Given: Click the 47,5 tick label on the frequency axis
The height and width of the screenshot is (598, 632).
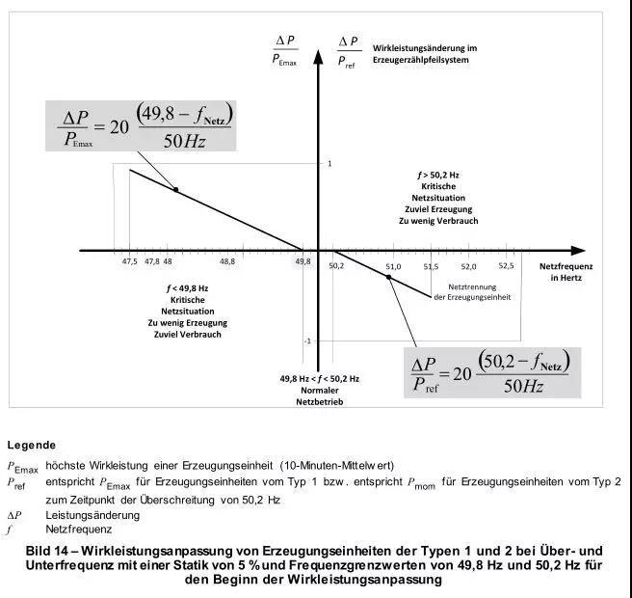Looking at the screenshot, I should click(x=128, y=262).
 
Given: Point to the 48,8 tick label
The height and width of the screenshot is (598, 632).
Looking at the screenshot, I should click(x=227, y=262).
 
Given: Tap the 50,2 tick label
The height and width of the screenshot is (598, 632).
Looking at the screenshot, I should click(x=336, y=265).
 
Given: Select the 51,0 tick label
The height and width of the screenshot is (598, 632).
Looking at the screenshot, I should click(x=392, y=265).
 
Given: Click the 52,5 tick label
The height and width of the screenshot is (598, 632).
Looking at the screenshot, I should click(x=506, y=265).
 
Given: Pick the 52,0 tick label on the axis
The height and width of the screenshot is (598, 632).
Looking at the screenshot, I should click(x=468, y=265).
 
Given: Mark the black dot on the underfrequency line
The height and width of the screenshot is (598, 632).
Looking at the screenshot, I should click(x=175, y=189).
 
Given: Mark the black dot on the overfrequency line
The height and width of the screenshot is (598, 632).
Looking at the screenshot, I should click(x=389, y=277).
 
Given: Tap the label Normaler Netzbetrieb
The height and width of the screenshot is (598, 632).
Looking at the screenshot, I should click(x=319, y=390).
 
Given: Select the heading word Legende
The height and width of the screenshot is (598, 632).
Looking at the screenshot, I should click(x=31, y=446).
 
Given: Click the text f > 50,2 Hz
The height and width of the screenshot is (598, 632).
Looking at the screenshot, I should click(x=438, y=175).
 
